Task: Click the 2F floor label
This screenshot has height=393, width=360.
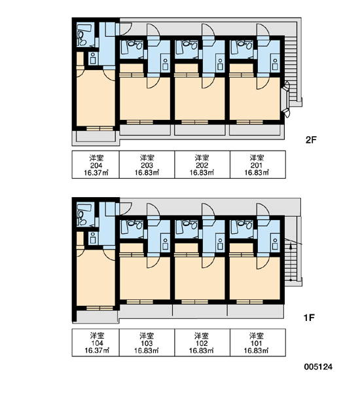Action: click(311, 140)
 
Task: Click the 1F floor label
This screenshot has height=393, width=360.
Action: click(309, 318)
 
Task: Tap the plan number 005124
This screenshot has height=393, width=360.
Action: click(318, 367)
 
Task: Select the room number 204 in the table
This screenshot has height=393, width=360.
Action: click(96, 166)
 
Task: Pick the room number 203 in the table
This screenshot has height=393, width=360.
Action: click(147, 166)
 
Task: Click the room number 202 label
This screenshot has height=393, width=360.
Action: click(202, 166)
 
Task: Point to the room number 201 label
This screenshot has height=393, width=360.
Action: click(257, 166)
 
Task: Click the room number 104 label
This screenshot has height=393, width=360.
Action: click(97, 343)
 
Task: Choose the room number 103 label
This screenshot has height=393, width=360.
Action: click(147, 343)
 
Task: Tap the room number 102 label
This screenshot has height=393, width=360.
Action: click(202, 343)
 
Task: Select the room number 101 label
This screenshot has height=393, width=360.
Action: click(257, 343)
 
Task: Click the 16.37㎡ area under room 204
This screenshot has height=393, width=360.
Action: click(96, 173)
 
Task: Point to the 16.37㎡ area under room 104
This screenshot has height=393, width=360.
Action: click(97, 350)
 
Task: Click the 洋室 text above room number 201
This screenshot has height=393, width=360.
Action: click(257, 158)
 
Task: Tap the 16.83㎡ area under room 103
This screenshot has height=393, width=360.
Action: click(147, 350)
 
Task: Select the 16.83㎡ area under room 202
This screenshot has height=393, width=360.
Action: click(202, 173)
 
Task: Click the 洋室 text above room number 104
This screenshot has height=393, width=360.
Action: click(97, 335)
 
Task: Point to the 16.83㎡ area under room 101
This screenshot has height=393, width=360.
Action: click(257, 350)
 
